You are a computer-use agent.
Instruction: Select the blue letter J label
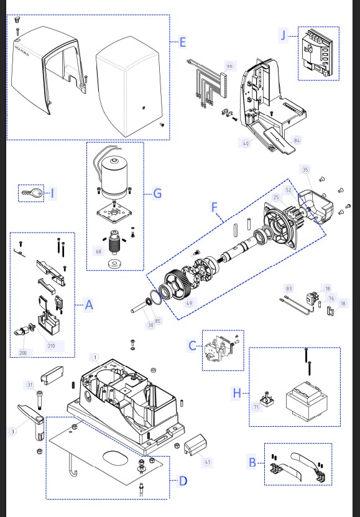coord(284,35)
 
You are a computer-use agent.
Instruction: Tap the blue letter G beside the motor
coord(157,193)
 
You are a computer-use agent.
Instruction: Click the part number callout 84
coord(297,141)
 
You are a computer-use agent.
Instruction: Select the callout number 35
coord(305,169)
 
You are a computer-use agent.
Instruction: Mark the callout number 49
coord(189,302)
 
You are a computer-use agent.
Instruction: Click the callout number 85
coord(157,321)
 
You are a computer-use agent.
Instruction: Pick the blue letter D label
coord(183,480)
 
